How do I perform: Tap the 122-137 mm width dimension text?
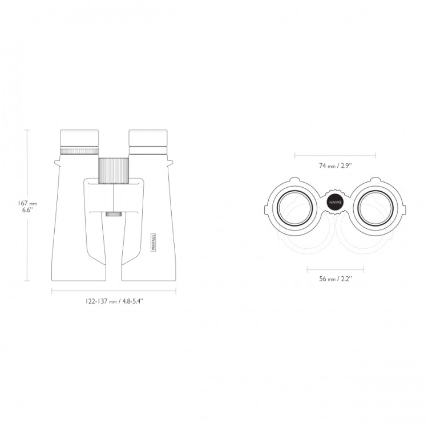point(114,301)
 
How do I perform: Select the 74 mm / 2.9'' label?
point(336,165)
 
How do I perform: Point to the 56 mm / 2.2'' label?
point(336,278)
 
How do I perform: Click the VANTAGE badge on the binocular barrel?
point(153,243)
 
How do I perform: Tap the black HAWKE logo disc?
point(335,203)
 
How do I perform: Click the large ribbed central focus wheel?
point(114,170)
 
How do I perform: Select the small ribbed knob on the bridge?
point(114,214)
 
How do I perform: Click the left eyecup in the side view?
point(79,139)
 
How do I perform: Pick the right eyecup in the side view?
point(148,138)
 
